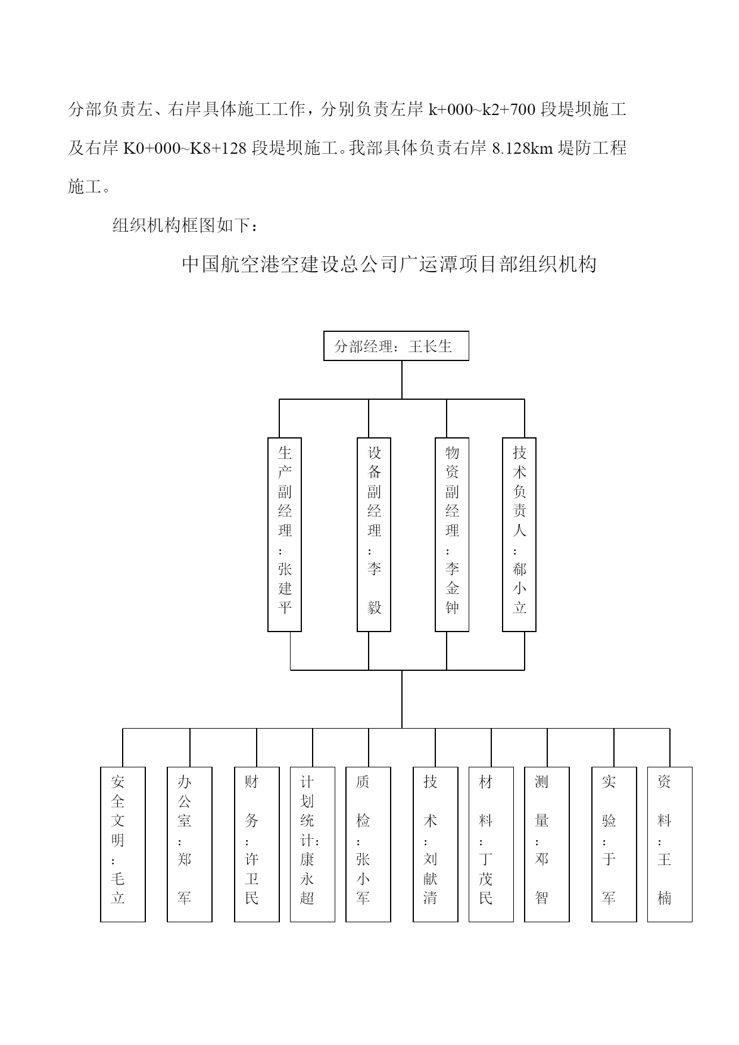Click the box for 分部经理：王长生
tap(396, 346)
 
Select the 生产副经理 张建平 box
tap(285, 535)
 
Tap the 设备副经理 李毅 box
tap(374, 535)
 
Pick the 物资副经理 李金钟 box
tap(452, 535)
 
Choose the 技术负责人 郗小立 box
tap(519, 535)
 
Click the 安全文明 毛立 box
tap(123, 845)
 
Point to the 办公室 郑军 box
tap(189, 845)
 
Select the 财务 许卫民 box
tap(257, 845)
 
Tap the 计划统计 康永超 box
tap(313, 845)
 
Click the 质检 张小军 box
tap(368, 845)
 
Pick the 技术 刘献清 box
tap(435, 845)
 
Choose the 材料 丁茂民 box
tap(491, 845)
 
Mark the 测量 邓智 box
tap(547, 845)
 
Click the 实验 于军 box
tap(614, 845)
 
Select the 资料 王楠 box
tap(670, 845)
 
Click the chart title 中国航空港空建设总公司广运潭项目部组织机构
tap(389, 264)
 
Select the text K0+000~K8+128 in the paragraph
tap(185, 148)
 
